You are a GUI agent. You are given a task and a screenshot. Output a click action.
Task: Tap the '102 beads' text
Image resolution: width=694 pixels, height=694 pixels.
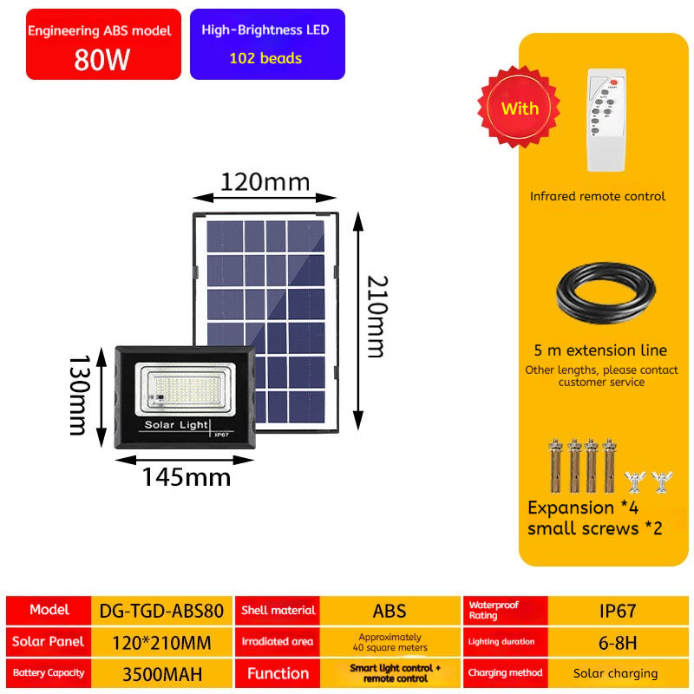tap(265, 59)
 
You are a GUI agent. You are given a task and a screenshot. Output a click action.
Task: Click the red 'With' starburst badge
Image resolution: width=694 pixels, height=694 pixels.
tap(520, 108)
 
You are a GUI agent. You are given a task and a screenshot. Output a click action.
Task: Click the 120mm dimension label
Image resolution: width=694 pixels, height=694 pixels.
tap(264, 182)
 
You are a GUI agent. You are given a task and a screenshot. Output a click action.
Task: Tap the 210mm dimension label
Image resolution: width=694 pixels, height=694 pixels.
tap(375, 316)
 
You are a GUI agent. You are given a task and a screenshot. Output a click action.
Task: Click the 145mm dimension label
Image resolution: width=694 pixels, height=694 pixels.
tap(187, 476)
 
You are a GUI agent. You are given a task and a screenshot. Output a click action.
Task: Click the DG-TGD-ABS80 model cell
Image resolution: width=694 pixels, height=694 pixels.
tap(162, 610)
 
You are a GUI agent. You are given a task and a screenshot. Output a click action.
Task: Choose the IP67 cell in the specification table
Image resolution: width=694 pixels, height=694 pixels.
tap(618, 610)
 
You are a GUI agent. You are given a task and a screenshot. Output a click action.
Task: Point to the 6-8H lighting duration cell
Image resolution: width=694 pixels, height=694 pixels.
tap(618, 642)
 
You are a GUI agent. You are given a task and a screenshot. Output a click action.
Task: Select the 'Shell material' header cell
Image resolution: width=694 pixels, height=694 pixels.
tap(278, 610)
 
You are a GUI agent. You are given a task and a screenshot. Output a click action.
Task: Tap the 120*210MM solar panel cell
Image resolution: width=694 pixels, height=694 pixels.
tap(162, 642)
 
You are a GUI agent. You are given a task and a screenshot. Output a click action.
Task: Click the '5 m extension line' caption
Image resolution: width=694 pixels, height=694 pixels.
tap(600, 350)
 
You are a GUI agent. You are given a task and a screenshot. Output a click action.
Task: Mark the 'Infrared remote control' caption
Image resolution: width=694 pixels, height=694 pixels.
tap(598, 196)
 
